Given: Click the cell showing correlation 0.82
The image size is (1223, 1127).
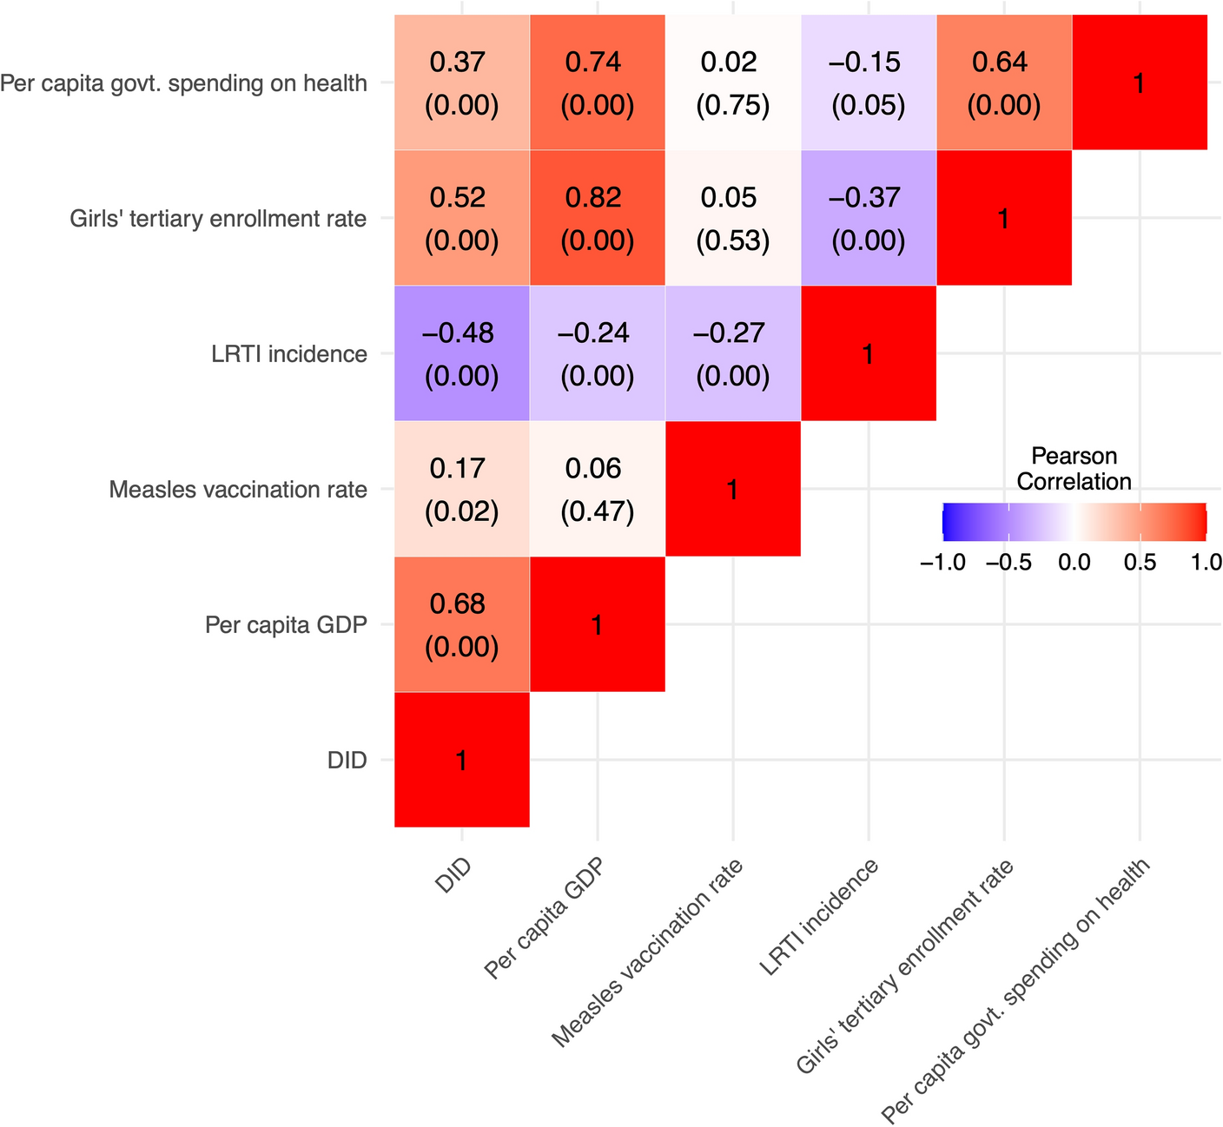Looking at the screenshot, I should point(597,218).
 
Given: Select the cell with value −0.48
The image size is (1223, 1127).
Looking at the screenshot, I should point(461,353).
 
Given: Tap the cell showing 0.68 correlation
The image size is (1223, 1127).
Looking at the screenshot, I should point(461,624).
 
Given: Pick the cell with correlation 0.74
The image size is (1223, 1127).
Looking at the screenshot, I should point(597,82).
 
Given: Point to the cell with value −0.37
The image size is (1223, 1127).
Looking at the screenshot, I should point(868,218).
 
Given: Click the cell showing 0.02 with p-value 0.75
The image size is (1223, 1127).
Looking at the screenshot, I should point(732,82).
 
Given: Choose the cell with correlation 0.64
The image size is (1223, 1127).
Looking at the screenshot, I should point(1003,82).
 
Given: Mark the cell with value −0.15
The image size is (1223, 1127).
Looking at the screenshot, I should point(868,82).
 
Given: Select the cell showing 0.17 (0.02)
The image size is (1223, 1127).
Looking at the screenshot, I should point(461,489).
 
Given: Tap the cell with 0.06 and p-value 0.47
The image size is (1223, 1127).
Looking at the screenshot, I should point(597,489).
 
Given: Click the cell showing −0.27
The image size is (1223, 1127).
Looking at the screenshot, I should point(732,353).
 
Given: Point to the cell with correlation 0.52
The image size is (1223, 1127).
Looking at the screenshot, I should point(461,218).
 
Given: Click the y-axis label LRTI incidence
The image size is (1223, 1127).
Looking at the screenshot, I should point(289,354).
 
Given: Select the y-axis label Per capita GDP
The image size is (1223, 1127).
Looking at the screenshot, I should point(286,625).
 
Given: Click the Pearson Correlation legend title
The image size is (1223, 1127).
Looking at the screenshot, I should point(1074,469).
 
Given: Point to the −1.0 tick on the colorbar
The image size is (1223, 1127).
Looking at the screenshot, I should point(942,563).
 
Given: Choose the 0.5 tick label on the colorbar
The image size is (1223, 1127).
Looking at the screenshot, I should point(1140,563).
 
